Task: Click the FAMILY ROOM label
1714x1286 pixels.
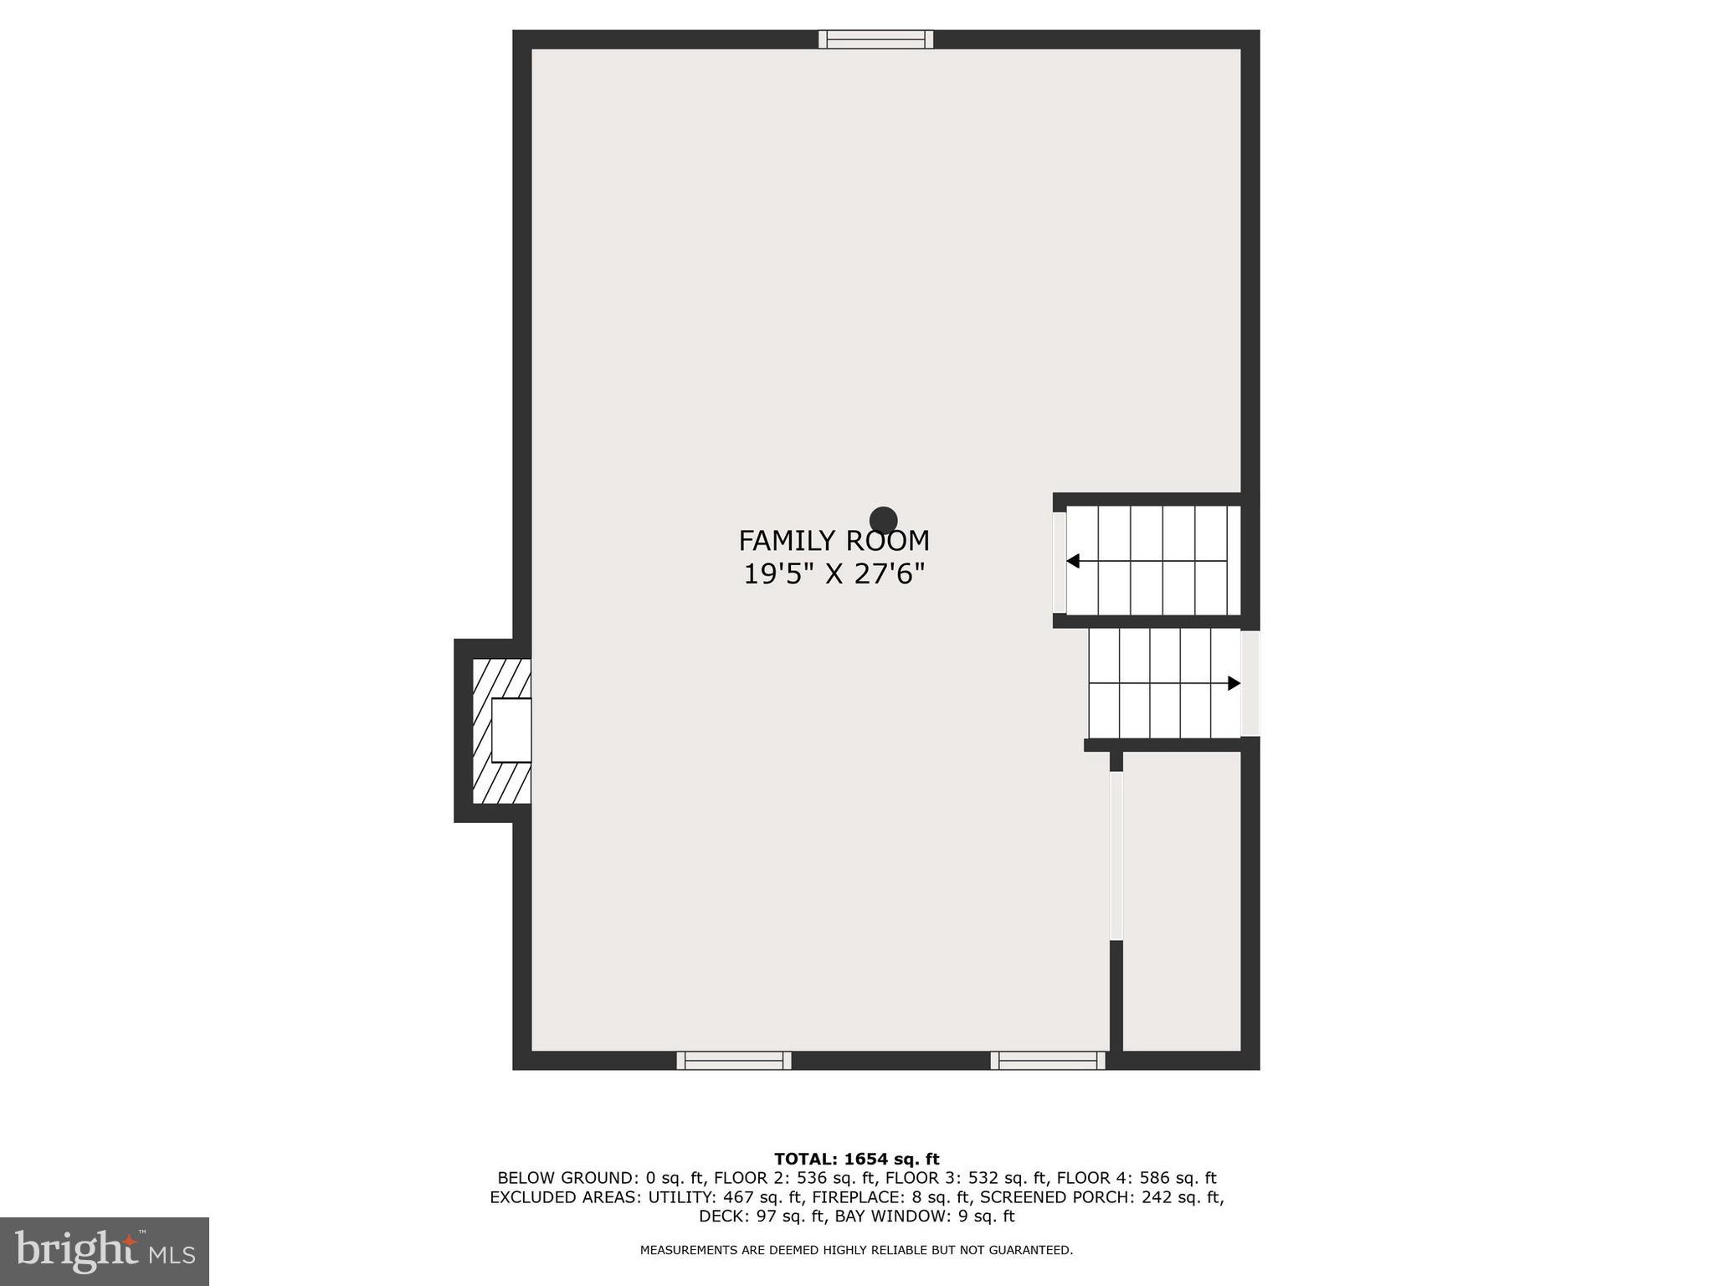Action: [834, 541]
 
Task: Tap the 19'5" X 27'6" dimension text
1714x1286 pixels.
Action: [834, 574]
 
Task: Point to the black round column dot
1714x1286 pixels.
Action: [883, 521]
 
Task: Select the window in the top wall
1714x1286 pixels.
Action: [875, 39]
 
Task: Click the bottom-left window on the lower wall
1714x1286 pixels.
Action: [734, 1061]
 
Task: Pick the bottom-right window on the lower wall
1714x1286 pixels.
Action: [1048, 1061]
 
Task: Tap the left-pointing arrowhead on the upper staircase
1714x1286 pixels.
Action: [1073, 561]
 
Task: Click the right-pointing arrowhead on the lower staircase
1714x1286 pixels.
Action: [1234, 683]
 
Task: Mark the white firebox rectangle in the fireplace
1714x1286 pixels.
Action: [511, 730]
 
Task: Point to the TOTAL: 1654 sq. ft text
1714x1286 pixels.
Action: [856, 1160]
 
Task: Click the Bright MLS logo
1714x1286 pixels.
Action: [105, 1251]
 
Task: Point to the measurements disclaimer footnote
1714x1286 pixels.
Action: [856, 1250]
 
